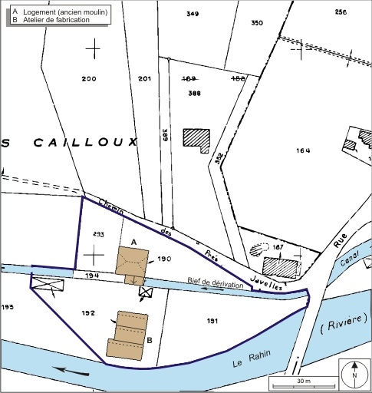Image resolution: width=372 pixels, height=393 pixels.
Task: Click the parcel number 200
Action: click(x=89, y=79)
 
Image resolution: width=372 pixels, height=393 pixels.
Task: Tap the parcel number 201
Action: click(x=144, y=79)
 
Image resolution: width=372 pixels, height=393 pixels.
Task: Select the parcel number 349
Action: click(x=193, y=14)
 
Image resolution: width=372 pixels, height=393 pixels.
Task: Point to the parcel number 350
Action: click(x=257, y=23)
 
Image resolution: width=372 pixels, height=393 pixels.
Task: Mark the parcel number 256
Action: click(x=341, y=12)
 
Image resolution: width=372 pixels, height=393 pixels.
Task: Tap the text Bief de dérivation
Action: click(x=217, y=285)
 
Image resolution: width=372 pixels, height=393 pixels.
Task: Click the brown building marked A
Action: click(x=132, y=263)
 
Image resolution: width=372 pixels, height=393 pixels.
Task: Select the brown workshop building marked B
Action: click(x=129, y=335)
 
